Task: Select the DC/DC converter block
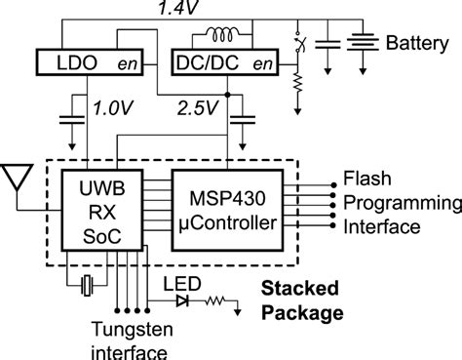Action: pos(223,64)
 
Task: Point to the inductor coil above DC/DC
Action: pos(222,35)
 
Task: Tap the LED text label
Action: pos(177,283)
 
